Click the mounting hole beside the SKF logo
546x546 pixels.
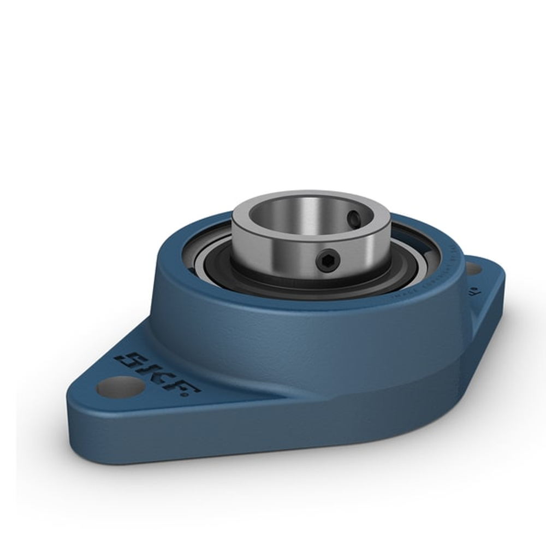[120, 387]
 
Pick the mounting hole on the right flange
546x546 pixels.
[472, 269]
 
